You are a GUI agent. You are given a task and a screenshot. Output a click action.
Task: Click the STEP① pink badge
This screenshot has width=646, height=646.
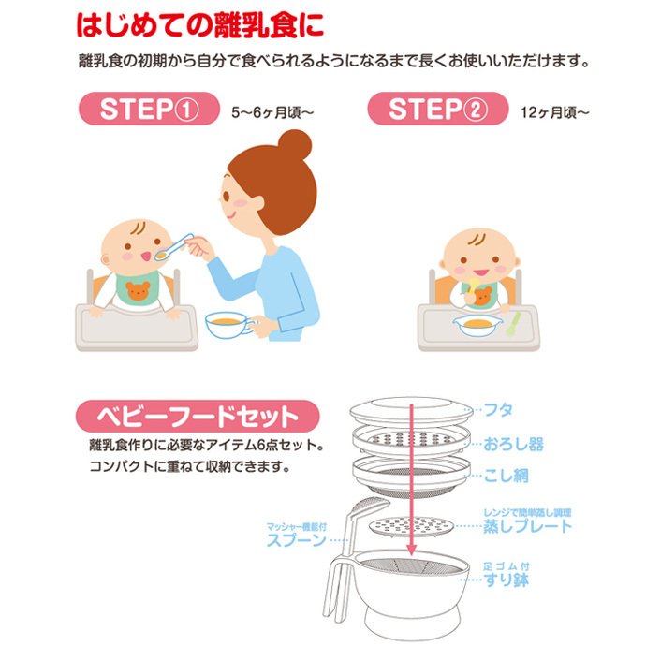coord(149,109)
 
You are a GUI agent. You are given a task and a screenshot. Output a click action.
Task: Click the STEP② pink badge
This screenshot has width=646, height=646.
coord(437,109)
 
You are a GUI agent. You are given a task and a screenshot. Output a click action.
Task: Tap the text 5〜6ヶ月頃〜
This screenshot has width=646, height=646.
coord(272,112)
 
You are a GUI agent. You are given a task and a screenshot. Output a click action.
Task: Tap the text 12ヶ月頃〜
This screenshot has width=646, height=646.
coord(554,112)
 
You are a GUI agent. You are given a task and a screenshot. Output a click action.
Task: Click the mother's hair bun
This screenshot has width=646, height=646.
coord(295,144)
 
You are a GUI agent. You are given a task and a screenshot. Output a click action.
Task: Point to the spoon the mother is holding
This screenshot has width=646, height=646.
coord(173,248)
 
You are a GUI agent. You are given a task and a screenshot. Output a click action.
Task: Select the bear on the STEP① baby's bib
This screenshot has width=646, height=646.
coord(138,290)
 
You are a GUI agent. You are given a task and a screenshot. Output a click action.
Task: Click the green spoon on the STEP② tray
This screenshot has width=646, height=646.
coord(512,324)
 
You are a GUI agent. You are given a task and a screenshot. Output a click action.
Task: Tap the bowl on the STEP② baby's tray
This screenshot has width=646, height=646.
coord(477,326)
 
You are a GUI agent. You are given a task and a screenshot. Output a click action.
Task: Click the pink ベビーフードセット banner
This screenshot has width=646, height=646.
coord(198,416)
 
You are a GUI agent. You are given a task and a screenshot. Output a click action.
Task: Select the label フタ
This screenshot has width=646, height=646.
coord(498,410)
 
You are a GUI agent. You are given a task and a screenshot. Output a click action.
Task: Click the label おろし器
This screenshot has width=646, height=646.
coord(513,444)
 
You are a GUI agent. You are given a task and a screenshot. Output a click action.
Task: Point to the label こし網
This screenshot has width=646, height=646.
coord(506,476)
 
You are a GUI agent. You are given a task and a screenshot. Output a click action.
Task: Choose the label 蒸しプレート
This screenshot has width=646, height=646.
coord(528,526)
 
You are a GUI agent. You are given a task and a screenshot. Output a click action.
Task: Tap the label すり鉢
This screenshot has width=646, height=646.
coord(507,580)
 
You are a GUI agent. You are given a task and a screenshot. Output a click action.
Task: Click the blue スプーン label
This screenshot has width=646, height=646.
coord(296,540)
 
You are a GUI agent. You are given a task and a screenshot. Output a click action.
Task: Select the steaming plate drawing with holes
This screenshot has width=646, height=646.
coord(410,526)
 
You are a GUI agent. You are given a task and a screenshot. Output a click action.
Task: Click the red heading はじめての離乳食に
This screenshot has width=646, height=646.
coord(200,25)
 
